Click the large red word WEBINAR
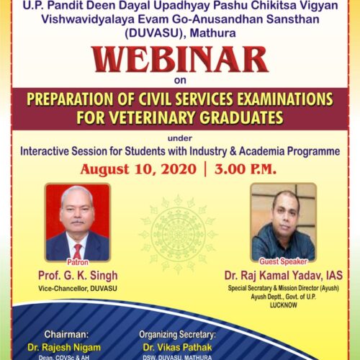click(180, 60)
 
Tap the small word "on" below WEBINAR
click(180, 81)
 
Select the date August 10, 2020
click(138, 169)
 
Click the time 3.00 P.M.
click(246, 169)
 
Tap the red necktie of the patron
click(78, 251)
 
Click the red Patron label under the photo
click(78, 262)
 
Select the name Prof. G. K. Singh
click(78, 276)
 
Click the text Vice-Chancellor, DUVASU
click(78, 288)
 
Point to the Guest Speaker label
click(283, 261)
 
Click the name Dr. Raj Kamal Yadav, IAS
click(284, 275)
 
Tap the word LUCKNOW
click(284, 305)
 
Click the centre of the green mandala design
click(178, 234)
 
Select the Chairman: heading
click(66, 334)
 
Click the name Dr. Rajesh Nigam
click(64, 347)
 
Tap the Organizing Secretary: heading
click(177, 335)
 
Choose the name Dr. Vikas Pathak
click(177, 347)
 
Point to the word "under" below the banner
click(180, 138)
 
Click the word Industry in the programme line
click(208, 151)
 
